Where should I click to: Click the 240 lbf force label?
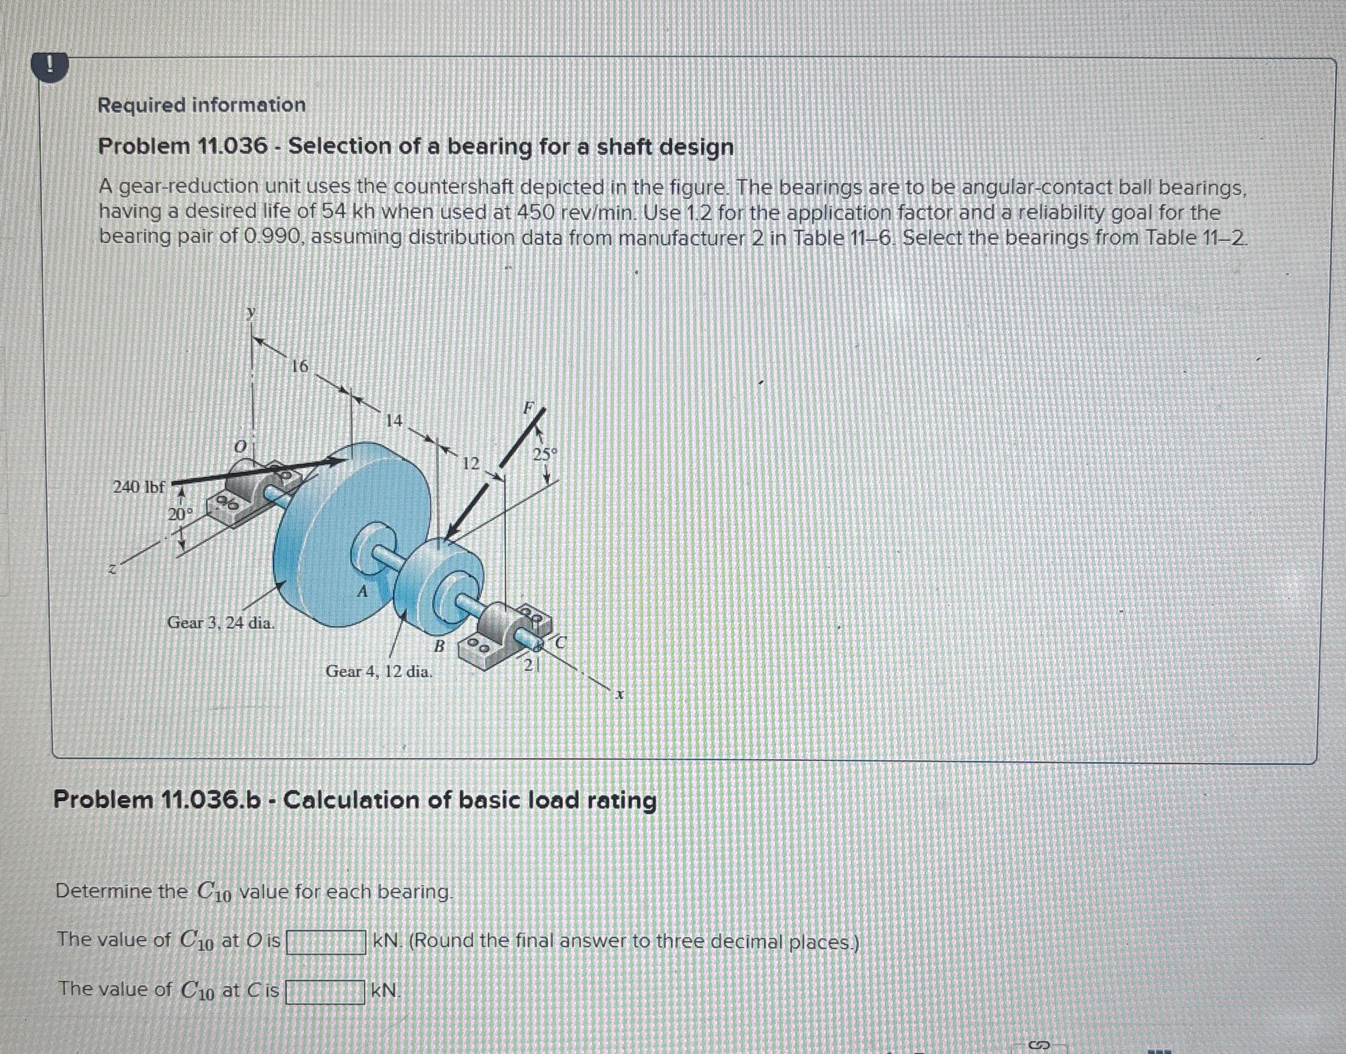click(x=139, y=487)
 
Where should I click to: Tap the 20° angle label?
click(x=182, y=514)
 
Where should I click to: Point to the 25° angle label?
click(x=545, y=455)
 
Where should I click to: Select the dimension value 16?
click(x=299, y=367)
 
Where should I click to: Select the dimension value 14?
click(x=393, y=421)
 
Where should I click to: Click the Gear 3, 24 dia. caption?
click(x=221, y=623)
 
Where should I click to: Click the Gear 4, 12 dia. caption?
click(x=379, y=671)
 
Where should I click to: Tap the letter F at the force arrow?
click(x=529, y=408)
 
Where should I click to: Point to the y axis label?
click(x=250, y=313)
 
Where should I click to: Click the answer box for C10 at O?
click(x=326, y=942)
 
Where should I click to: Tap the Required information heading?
click(x=201, y=105)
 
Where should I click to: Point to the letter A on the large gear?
click(x=363, y=592)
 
